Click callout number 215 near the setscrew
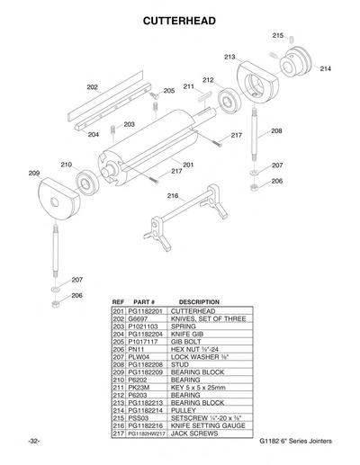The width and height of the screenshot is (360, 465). click(x=277, y=34)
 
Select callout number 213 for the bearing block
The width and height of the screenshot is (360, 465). click(x=229, y=57)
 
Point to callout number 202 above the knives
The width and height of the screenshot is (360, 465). click(x=92, y=87)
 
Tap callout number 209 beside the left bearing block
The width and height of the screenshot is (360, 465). click(x=34, y=173)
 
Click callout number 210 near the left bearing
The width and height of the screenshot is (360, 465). click(x=66, y=165)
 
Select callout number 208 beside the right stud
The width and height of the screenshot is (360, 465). click(x=276, y=131)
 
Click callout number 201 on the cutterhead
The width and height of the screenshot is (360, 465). click(x=188, y=165)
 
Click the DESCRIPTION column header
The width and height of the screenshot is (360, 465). click(x=199, y=301)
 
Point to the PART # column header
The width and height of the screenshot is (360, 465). click(x=145, y=301)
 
